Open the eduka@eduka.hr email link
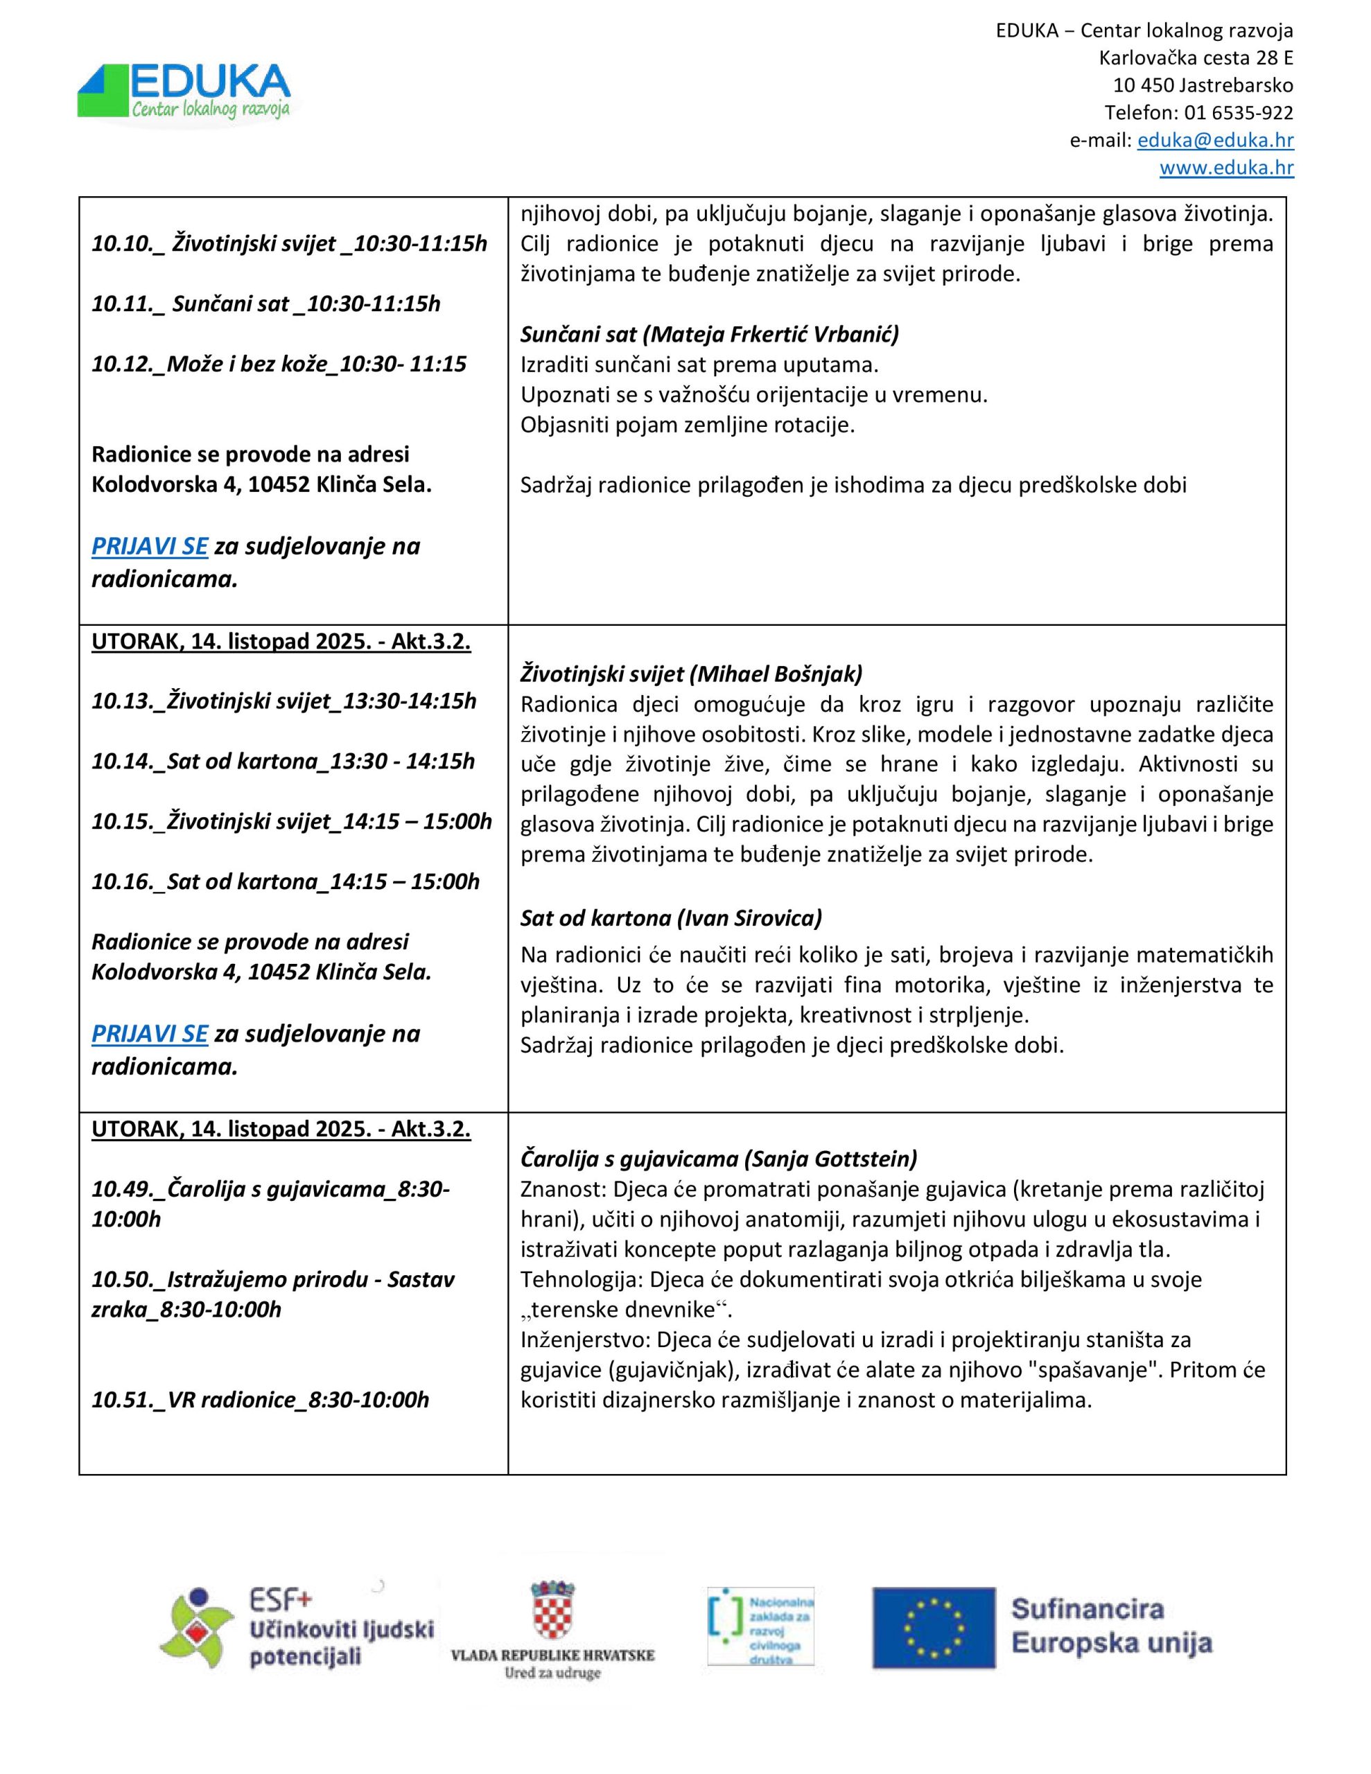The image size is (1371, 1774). pyautogui.click(x=1215, y=140)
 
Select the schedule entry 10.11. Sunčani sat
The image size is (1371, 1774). pyautogui.click(x=265, y=304)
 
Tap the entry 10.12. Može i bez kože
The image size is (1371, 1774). pyautogui.click(x=279, y=364)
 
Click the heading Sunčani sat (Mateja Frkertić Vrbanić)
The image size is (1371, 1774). pyautogui.click(x=710, y=334)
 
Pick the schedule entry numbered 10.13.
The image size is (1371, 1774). pyautogui.click(x=283, y=701)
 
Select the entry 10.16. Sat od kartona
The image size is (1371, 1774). pyautogui.click(x=286, y=881)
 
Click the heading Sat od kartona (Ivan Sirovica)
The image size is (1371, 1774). pyautogui.click(x=670, y=918)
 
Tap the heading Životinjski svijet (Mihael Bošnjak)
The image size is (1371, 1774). pyautogui.click(x=691, y=674)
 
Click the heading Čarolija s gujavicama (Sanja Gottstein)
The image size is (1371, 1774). pyautogui.click(x=718, y=1159)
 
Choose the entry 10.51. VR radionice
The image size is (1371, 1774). pyautogui.click(x=260, y=1400)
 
